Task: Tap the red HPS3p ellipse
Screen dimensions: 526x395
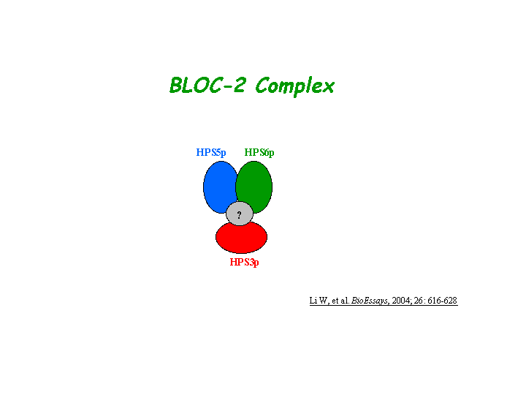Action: [x=242, y=239]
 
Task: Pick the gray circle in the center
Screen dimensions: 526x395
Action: [x=240, y=214]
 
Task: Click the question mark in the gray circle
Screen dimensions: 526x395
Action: [x=239, y=214]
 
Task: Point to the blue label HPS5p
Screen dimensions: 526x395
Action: [x=211, y=153]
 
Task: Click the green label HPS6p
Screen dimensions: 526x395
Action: [x=259, y=153]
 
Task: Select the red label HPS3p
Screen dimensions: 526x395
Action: [x=244, y=263]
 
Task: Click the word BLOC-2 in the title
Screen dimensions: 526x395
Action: [x=207, y=86]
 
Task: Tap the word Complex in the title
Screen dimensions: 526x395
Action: [x=295, y=86]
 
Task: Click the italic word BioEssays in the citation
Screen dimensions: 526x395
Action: [x=370, y=301]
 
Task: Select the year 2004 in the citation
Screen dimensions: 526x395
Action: [x=400, y=301]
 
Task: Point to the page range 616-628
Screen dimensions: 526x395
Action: [x=443, y=301]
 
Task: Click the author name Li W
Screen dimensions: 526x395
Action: [x=319, y=301]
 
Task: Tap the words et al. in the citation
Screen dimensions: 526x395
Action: [x=340, y=301]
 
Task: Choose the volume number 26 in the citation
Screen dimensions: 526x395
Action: [x=418, y=301]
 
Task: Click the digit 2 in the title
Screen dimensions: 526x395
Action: [x=239, y=86]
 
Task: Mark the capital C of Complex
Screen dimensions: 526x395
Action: [x=263, y=86]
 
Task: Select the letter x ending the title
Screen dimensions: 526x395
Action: [x=328, y=88]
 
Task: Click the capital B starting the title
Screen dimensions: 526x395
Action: [x=176, y=86]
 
